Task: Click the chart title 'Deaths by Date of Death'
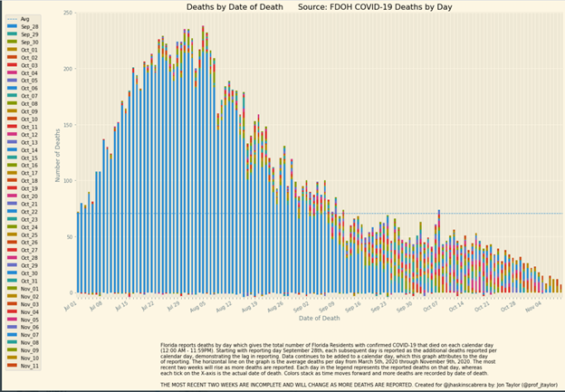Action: [x=249, y=7]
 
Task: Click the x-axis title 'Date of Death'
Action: [x=319, y=319]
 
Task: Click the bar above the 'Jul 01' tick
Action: [x=79, y=253]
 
